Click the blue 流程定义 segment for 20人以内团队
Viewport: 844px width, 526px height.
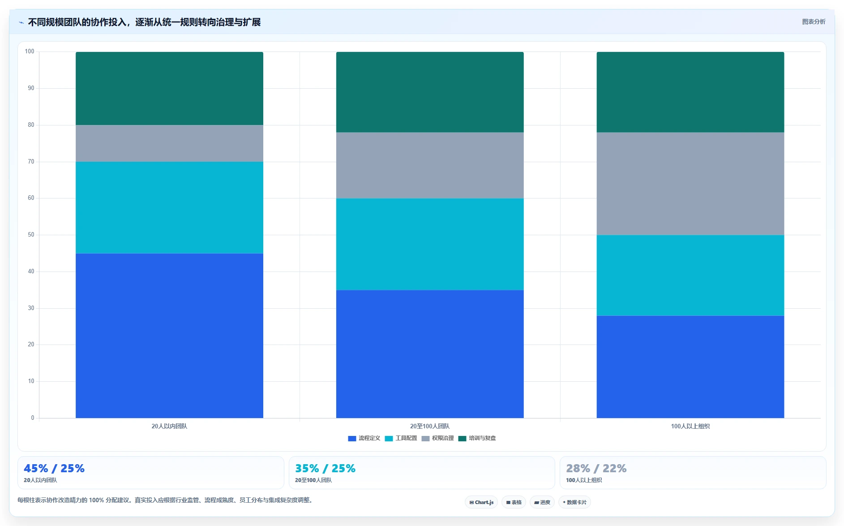[169, 336]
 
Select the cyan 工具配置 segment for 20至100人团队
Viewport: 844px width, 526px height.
[430, 244]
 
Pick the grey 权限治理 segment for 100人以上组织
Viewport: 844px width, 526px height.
[690, 184]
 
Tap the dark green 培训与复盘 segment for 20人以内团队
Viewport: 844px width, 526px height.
[169, 88]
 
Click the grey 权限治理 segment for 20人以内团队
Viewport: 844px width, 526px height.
[169, 143]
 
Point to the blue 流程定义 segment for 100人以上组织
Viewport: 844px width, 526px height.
[690, 367]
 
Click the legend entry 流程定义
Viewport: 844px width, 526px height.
[364, 438]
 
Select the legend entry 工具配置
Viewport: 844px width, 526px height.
[401, 438]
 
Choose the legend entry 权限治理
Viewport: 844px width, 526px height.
[437, 438]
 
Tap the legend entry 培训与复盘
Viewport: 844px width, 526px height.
[477, 438]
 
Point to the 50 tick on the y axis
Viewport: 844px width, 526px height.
[31, 235]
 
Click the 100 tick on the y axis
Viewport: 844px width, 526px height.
[30, 52]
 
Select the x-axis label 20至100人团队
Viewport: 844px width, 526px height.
[430, 426]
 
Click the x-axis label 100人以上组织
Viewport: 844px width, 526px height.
[690, 426]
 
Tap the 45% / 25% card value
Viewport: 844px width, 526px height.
[54, 468]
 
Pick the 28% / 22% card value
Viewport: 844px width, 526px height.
[596, 468]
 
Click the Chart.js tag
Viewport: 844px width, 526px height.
[481, 502]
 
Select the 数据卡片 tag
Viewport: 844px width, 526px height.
[574, 502]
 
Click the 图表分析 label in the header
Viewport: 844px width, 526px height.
[814, 22]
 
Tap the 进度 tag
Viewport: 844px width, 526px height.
[542, 502]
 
